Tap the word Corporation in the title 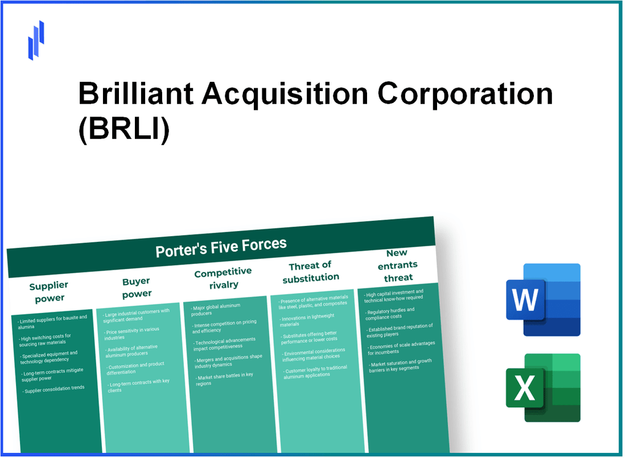click(466, 94)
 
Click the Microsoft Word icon click(543, 300)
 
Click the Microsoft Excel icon click(543, 388)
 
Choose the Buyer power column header click(137, 288)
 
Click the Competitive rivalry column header click(223, 278)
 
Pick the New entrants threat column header click(398, 265)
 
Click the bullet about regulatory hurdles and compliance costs click(392, 313)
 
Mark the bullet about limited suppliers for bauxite click(53, 320)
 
